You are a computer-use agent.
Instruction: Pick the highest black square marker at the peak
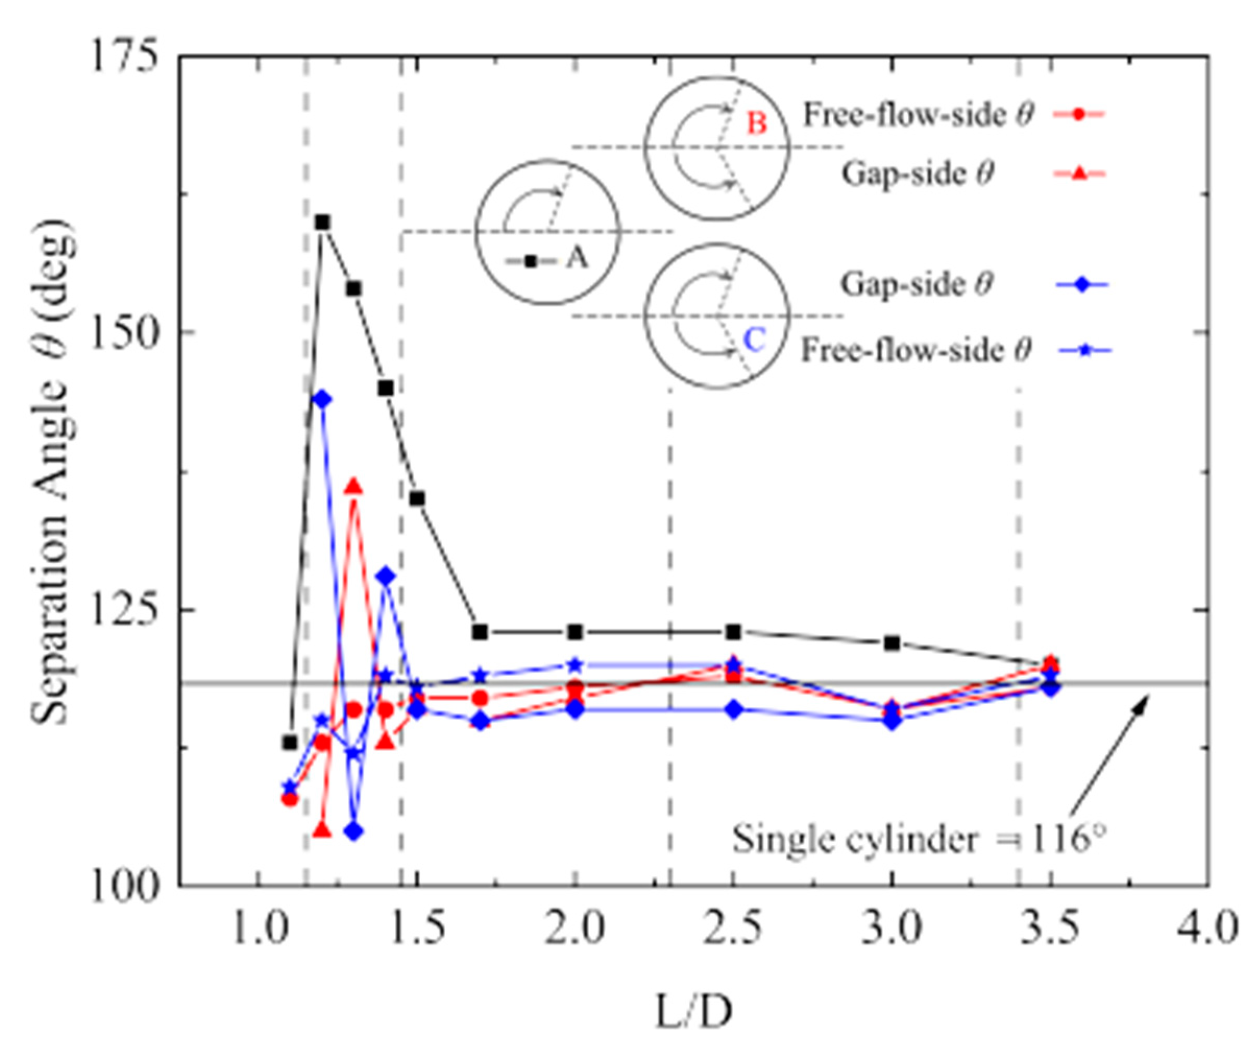click(323, 222)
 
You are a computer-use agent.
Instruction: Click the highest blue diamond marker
click(323, 400)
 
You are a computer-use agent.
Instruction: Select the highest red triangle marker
click(354, 486)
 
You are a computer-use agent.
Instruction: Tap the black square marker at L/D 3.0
click(892, 643)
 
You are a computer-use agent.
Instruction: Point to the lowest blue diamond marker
click(354, 831)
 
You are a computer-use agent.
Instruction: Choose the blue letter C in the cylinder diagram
click(754, 340)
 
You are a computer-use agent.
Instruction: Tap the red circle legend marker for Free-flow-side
click(1078, 114)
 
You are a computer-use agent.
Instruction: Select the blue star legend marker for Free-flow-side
click(1084, 351)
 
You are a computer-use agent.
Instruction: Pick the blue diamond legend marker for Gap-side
click(1082, 285)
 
